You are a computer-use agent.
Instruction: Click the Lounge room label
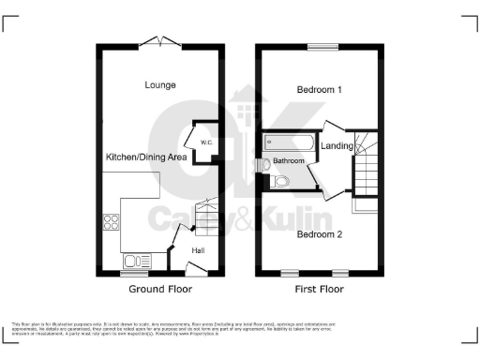[160, 85]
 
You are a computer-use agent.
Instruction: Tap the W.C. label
[206, 142]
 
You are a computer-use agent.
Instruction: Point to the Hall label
[199, 250]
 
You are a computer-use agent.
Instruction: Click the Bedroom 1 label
[319, 90]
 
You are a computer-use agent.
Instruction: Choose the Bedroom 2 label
[319, 233]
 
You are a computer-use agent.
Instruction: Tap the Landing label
[337, 146]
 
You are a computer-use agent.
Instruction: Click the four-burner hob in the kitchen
[112, 223]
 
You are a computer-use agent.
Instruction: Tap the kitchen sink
[132, 262]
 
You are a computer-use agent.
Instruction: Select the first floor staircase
[367, 169]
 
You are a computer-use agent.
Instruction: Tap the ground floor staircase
[205, 215]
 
